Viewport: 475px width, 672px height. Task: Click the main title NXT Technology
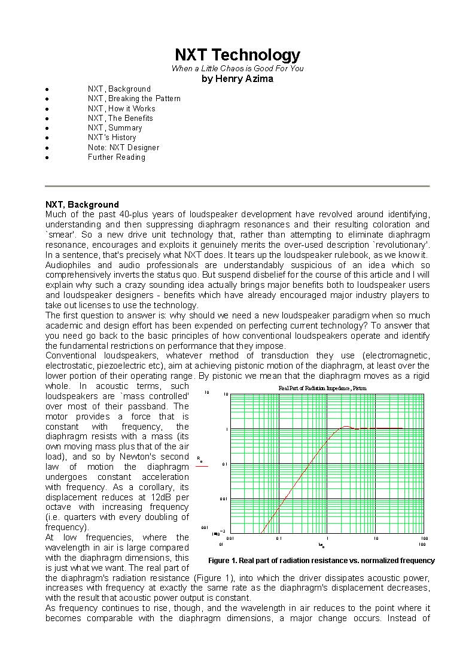click(237, 55)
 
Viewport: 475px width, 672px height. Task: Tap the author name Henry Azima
click(237, 78)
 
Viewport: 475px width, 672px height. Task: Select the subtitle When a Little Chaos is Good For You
click(237, 68)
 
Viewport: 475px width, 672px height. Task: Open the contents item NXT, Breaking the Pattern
click(134, 99)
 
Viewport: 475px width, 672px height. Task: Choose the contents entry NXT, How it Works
click(121, 108)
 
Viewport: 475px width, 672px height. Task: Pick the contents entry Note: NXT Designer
click(123, 147)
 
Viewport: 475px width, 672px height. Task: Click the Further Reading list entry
click(117, 157)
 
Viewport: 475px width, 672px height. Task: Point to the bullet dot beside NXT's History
click(47, 138)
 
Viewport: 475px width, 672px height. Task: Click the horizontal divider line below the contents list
click(237, 186)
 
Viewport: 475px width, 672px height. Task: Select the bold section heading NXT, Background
click(83, 205)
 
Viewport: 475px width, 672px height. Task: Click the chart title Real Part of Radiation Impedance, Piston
click(322, 388)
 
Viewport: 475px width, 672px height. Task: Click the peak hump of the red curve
click(346, 427)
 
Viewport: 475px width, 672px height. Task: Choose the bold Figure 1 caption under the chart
click(321, 561)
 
